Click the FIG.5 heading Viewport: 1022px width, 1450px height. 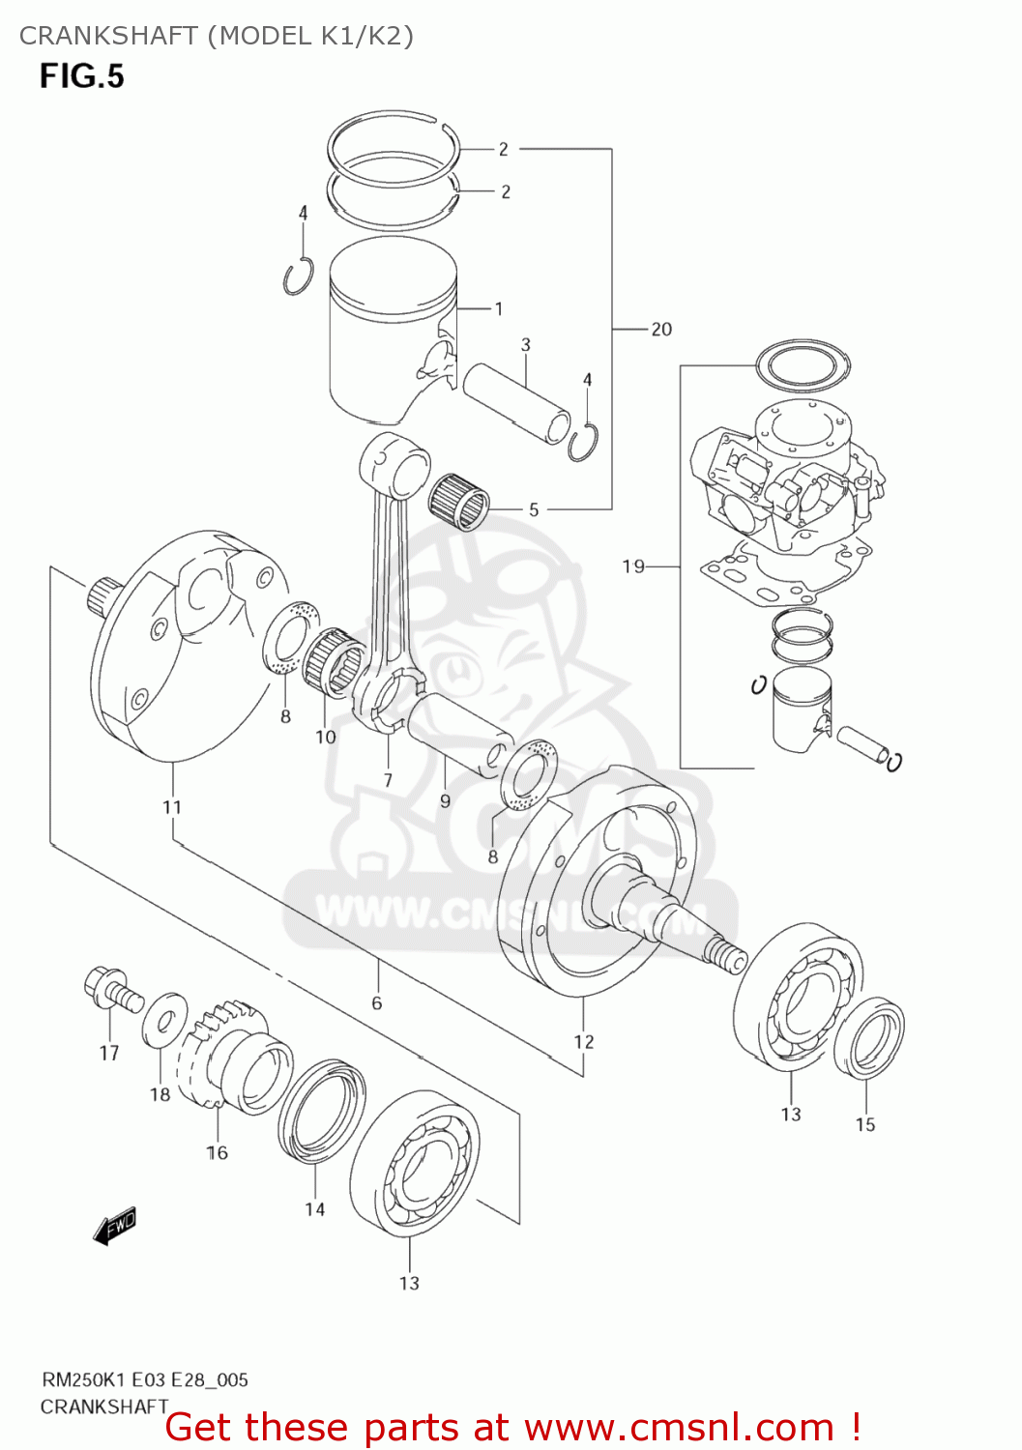[81, 75]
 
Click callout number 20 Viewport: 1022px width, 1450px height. [661, 330]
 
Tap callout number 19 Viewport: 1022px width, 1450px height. [633, 565]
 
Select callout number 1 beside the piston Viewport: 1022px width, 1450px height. [498, 309]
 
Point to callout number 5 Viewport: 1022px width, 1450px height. [533, 509]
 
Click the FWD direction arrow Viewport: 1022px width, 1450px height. [115, 1226]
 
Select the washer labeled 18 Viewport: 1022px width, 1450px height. [165, 1019]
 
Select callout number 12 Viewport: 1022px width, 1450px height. [583, 1041]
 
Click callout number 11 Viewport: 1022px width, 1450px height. [171, 807]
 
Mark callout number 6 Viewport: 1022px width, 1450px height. [376, 1002]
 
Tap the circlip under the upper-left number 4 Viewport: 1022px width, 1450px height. [298, 276]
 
